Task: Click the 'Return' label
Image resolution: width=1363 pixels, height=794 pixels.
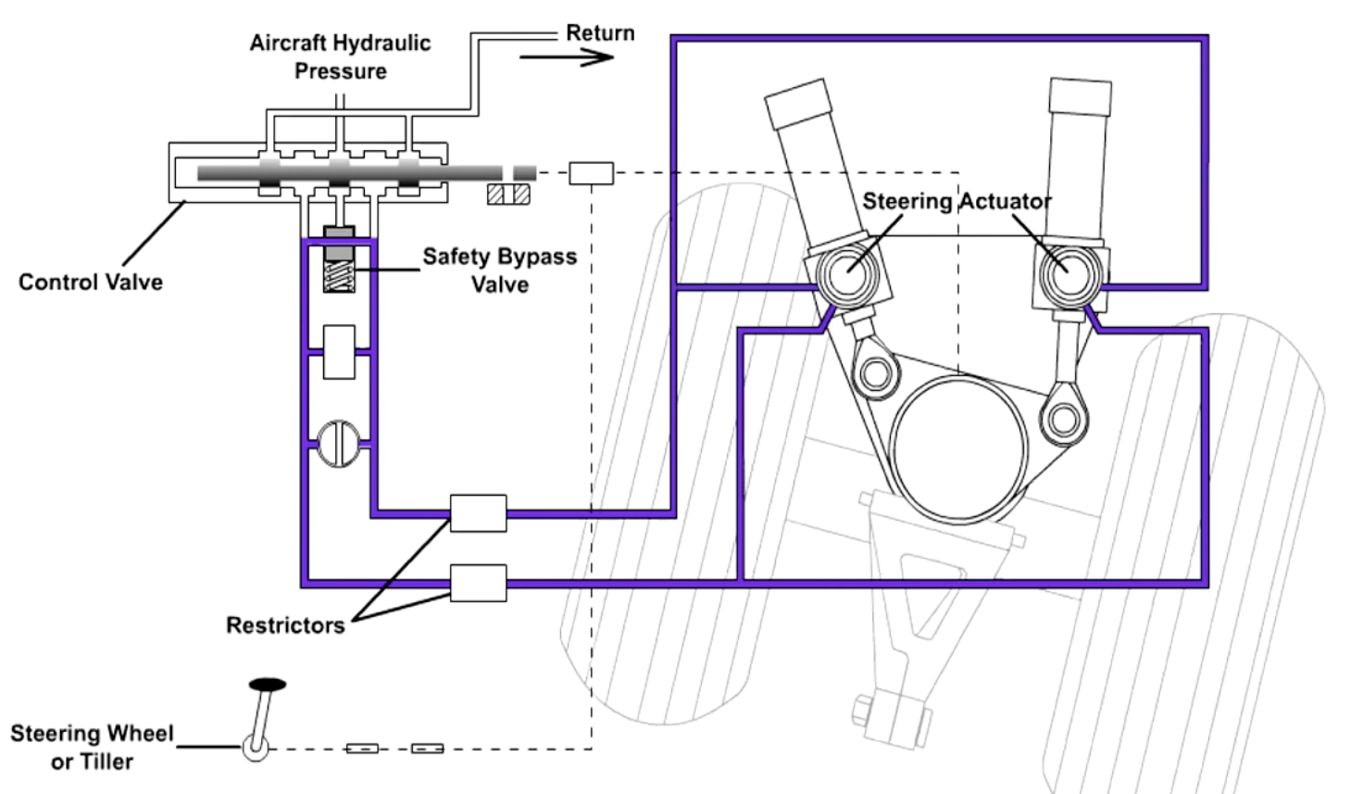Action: click(600, 32)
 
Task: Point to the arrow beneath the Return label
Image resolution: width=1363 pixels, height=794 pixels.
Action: click(567, 57)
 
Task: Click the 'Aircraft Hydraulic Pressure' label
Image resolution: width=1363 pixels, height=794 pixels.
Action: click(340, 57)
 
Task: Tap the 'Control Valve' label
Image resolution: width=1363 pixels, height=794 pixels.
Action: click(91, 282)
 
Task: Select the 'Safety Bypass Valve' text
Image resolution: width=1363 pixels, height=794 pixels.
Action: click(500, 271)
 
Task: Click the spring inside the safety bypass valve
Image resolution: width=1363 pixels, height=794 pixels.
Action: click(339, 277)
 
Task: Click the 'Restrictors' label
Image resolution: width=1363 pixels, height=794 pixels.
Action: click(285, 625)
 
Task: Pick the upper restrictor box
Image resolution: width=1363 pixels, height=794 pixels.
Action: click(479, 513)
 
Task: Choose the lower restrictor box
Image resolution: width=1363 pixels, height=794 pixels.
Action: click(479, 584)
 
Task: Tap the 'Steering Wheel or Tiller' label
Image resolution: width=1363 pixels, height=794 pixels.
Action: click(92, 747)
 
